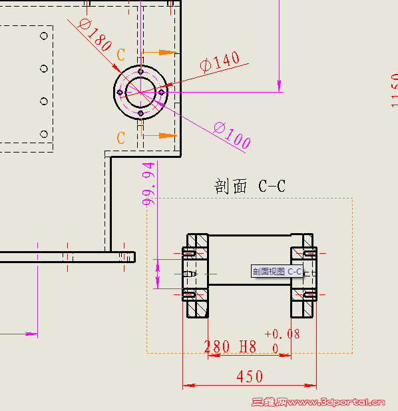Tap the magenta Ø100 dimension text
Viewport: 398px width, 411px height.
[x=232, y=135]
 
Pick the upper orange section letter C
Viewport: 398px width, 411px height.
[x=121, y=55]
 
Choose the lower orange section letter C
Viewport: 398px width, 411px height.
[x=121, y=138]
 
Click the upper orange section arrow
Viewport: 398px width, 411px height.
[x=167, y=51]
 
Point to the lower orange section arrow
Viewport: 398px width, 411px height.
[x=167, y=135]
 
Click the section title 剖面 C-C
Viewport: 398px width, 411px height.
[x=250, y=186]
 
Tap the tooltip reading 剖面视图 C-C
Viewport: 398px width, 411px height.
[x=277, y=271]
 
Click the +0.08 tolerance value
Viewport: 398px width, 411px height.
[x=282, y=334]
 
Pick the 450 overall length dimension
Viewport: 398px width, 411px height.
[x=250, y=376]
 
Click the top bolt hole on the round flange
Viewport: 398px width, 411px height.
[x=140, y=71]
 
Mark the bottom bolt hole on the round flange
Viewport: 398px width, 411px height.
[x=140, y=114]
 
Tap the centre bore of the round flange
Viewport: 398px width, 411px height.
[x=140, y=92]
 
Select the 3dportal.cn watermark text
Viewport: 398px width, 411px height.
[x=319, y=402]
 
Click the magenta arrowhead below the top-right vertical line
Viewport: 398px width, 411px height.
[x=280, y=84]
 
